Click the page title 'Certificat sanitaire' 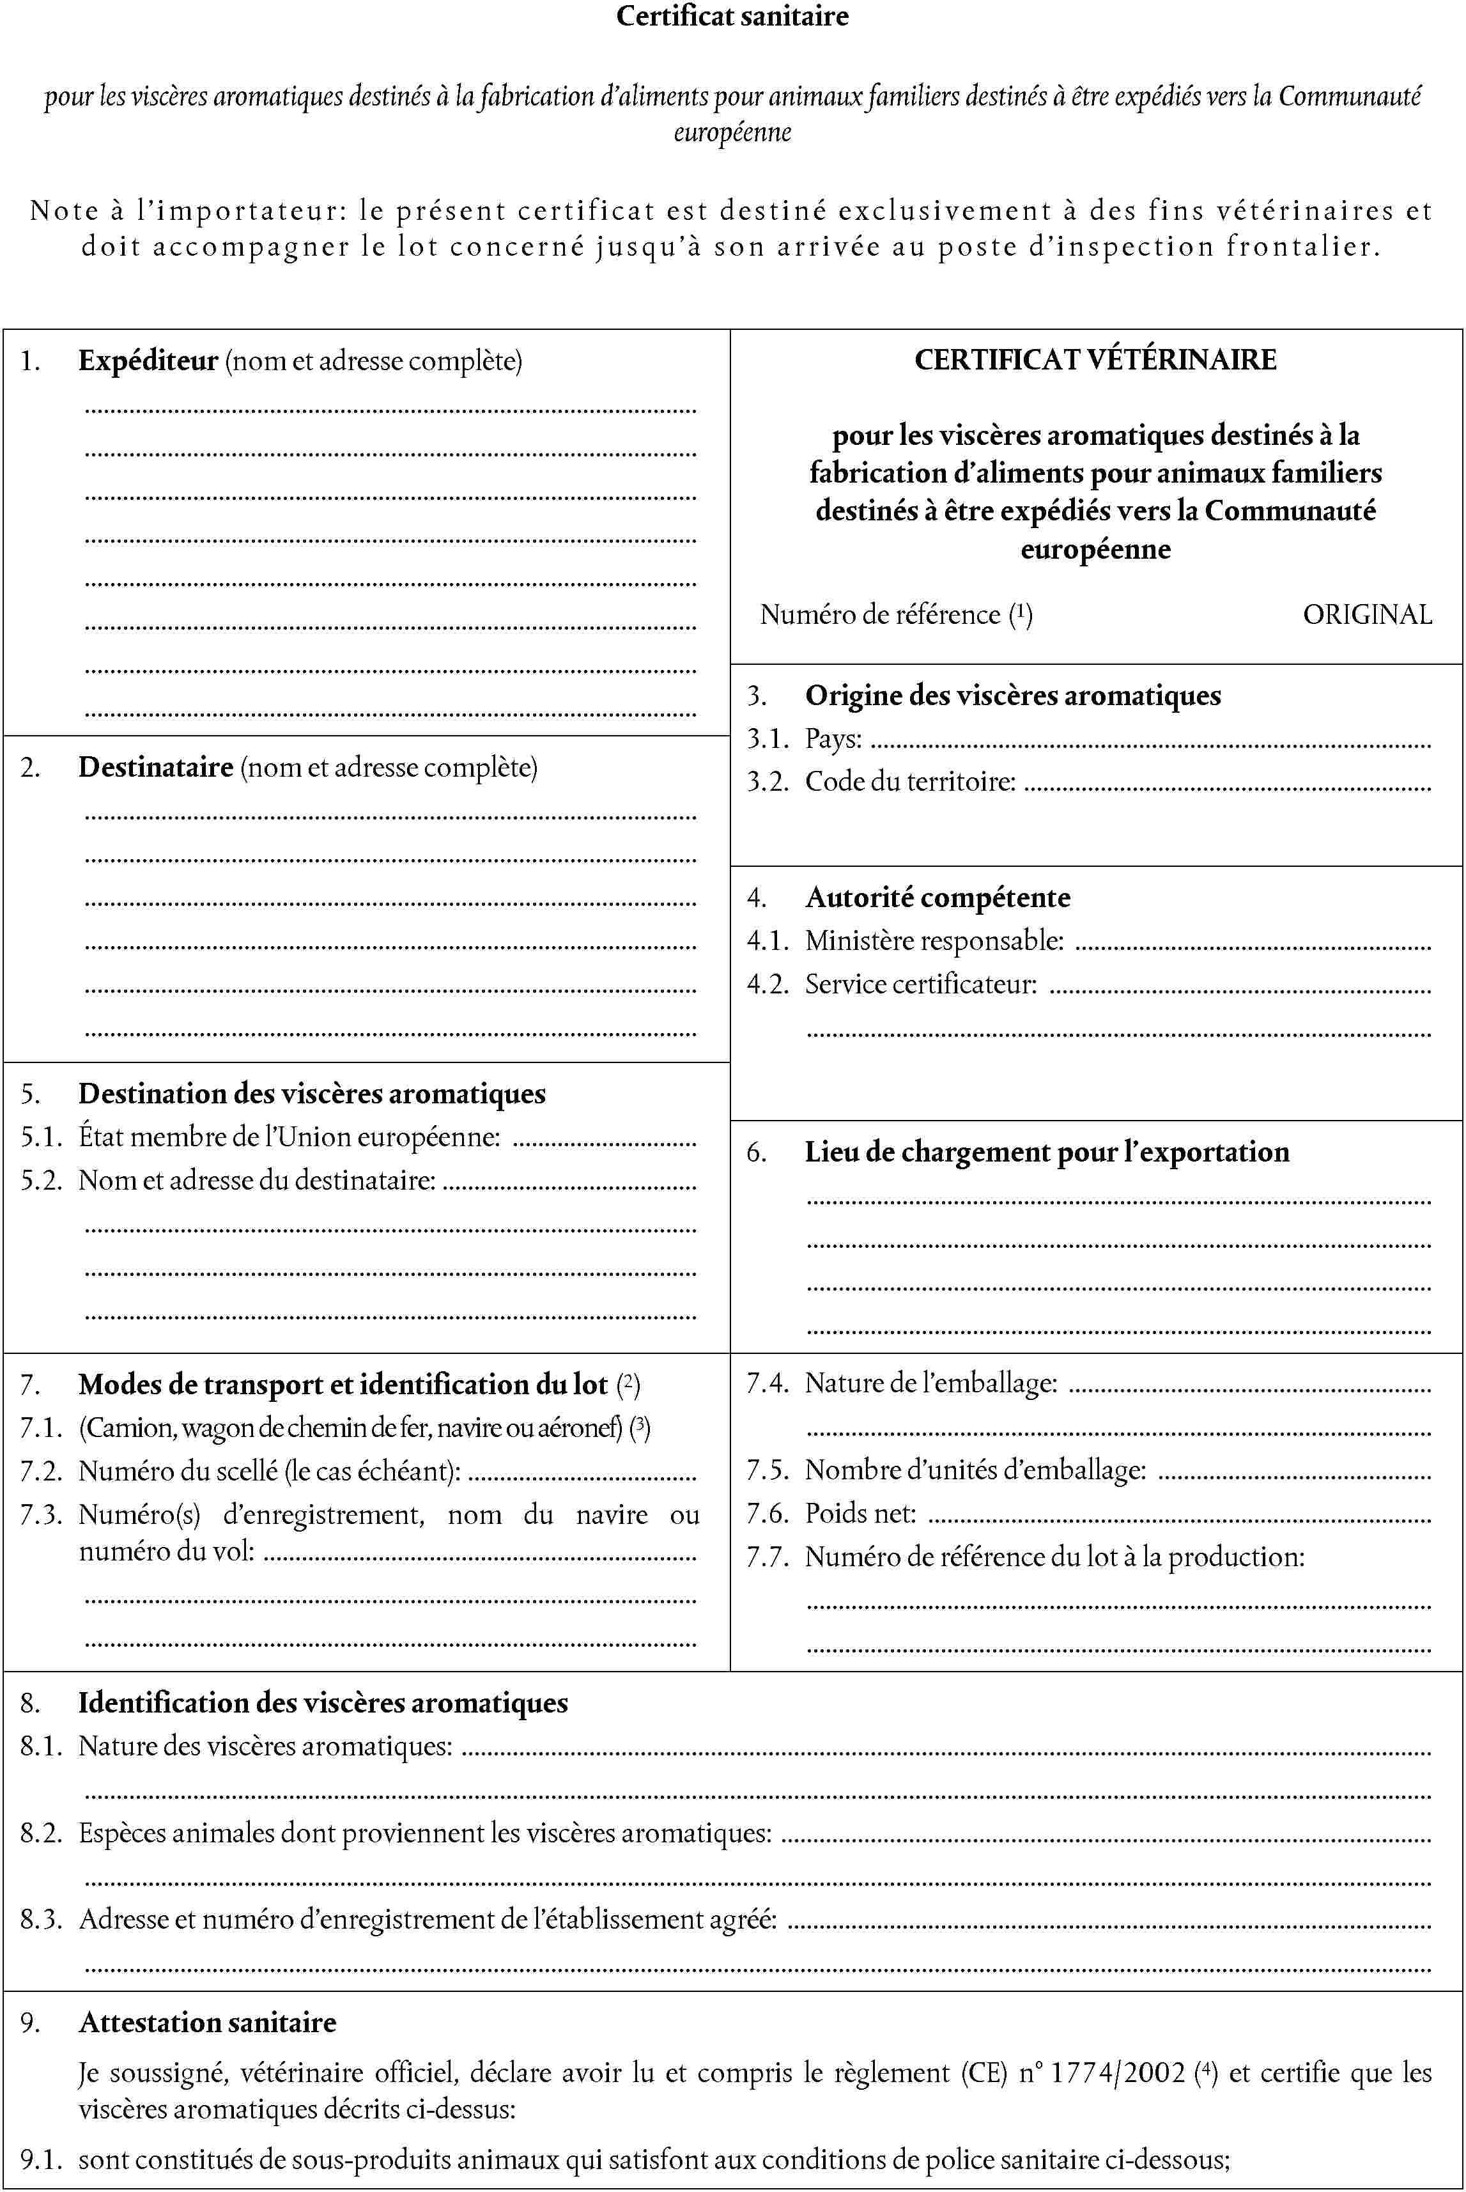point(732,16)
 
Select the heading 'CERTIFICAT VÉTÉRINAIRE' point(1095,360)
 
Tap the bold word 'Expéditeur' point(148,361)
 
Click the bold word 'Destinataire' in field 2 point(155,767)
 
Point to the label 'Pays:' point(833,739)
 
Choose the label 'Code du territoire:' point(910,781)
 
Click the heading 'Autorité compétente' point(937,898)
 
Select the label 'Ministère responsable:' point(934,941)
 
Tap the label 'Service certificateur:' point(921,984)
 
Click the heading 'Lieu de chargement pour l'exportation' point(1046,1152)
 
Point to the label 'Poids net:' point(860,1513)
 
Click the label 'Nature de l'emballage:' point(931,1383)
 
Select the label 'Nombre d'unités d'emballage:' point(975,1470)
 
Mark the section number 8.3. point(40,1920)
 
